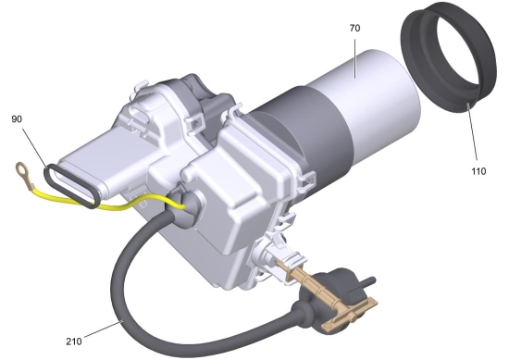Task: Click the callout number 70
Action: pos(354,29)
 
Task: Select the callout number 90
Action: pos(17,119)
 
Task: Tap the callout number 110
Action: pos(478,171)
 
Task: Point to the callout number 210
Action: pos(74,341)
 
